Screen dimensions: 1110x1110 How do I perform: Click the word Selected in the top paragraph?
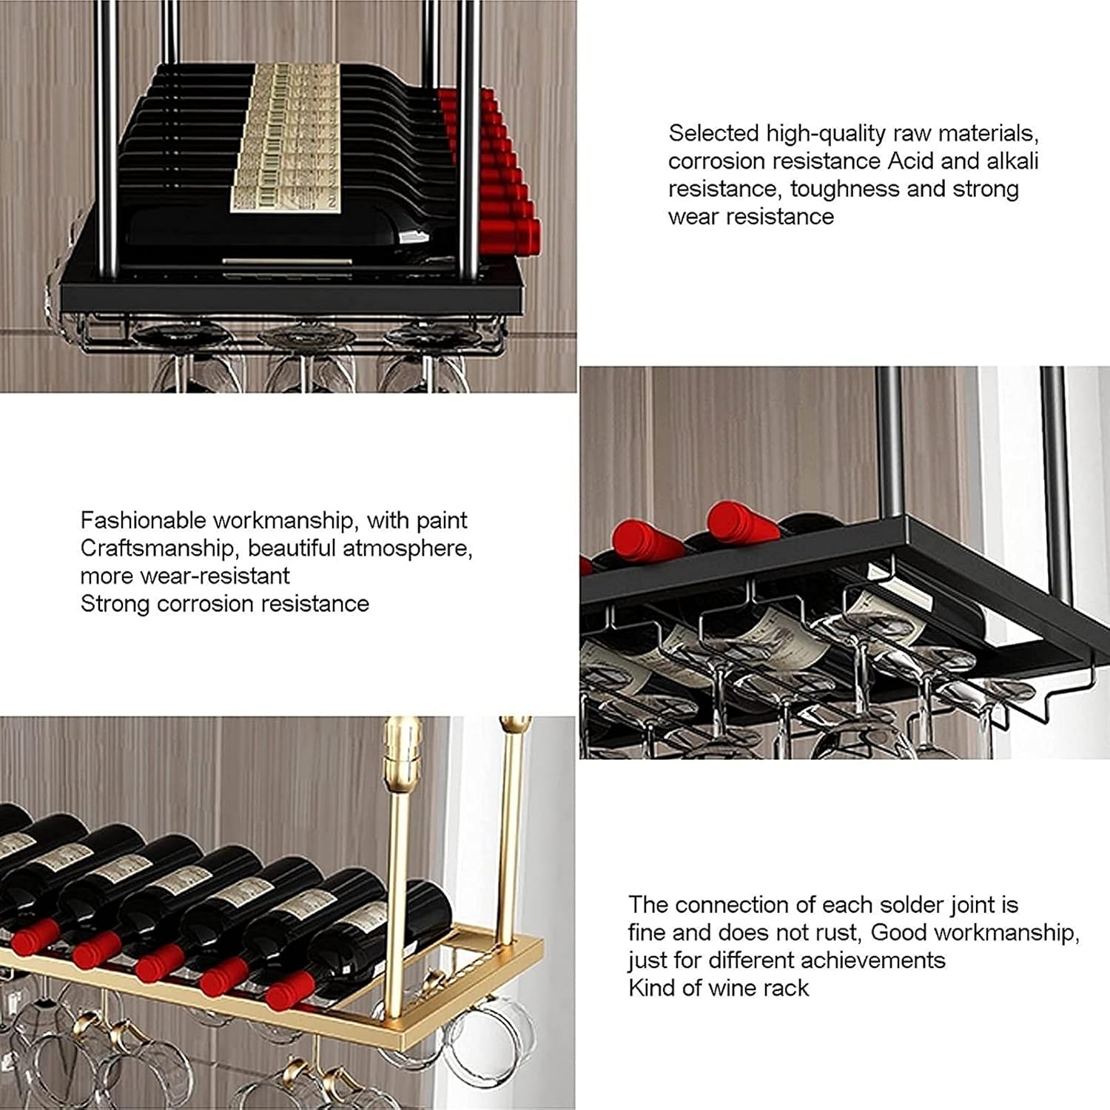pyautogui.click(x=714, y=133)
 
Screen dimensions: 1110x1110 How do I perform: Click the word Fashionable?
pyautogui.click(x=143, y=520)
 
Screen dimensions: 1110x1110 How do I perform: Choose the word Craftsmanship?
pyautogui.click(x=161, y=548)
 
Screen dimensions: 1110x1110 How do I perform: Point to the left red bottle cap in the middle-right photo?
pyautogui.click(x=642, y=539)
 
